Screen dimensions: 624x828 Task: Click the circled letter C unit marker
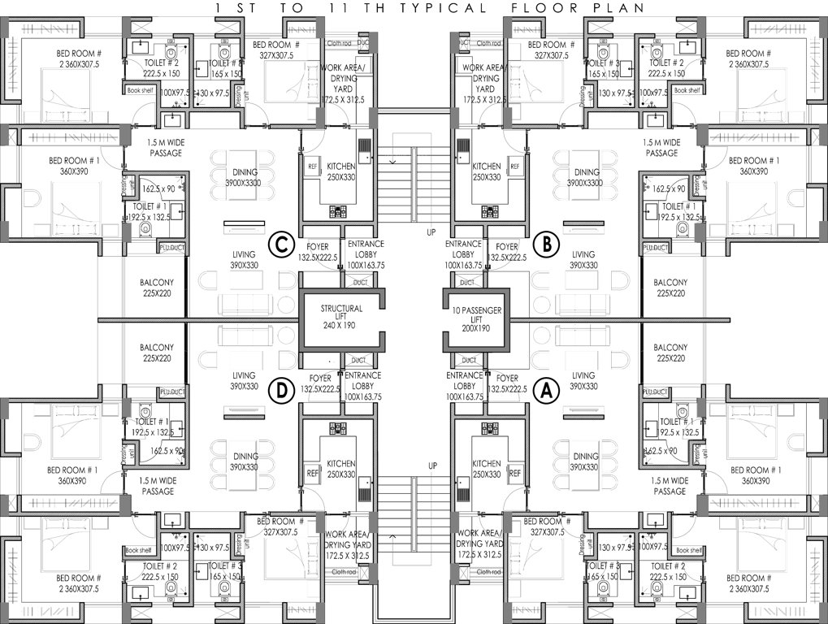pos(282,244)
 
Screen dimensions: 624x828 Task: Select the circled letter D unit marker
pos(282,391)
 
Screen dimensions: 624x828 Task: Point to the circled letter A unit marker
pos(546,391)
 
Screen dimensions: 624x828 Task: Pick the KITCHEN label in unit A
pos(486,468)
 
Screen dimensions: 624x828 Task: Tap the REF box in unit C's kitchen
pos(312,167)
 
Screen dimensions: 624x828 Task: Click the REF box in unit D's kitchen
pos(312,472)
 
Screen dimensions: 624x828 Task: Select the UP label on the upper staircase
pos(431,232)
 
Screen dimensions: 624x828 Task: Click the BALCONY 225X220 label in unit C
pos(158,288)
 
